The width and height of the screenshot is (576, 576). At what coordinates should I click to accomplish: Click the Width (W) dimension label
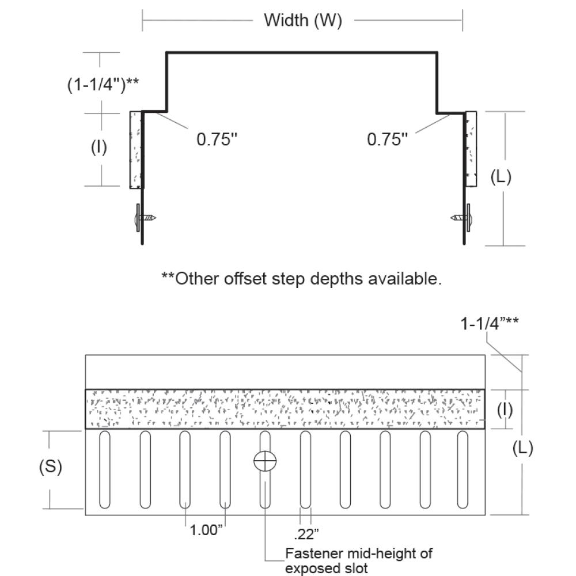302,21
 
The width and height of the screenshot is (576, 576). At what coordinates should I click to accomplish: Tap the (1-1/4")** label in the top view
102,84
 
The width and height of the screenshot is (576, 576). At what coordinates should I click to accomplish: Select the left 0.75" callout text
217,139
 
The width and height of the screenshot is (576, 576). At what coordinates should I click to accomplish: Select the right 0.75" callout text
387,139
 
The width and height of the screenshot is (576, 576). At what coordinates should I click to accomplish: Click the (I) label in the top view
99,148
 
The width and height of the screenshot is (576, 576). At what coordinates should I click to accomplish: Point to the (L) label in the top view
501,177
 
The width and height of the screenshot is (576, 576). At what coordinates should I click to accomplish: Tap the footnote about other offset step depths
302,279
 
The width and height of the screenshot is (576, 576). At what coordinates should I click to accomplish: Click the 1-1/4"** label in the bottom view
489,324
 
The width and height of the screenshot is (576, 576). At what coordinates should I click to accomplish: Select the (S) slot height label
51,467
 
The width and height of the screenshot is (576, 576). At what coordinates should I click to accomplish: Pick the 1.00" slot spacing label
206,530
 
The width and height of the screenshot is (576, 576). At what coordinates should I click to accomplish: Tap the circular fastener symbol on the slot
265,461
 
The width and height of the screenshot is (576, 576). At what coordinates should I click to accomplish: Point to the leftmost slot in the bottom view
105,469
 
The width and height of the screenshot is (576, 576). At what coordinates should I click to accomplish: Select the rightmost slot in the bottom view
463,469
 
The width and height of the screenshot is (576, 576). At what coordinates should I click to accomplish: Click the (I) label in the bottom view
505,410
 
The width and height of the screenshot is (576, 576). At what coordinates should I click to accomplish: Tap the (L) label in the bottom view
522,448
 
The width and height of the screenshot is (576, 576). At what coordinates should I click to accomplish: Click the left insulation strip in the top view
135,149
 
